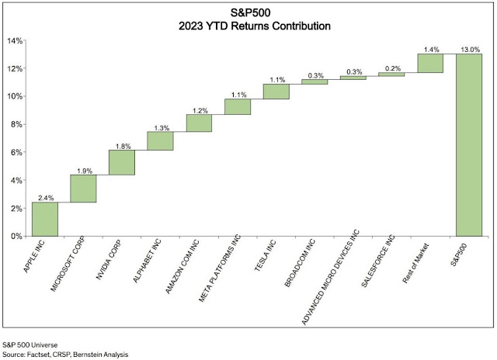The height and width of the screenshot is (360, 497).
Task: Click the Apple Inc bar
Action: (45, 219)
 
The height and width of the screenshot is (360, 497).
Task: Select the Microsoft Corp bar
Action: (83, 189)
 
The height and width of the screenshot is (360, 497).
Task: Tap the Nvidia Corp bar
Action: (122, 162)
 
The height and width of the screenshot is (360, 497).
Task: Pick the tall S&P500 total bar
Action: (469, 145)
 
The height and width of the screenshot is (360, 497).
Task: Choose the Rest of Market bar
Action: (430, 63)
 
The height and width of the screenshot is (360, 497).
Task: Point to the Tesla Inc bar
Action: (276, 92)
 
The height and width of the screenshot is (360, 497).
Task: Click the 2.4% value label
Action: (45, 197)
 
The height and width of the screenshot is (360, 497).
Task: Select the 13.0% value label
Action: (469, 49)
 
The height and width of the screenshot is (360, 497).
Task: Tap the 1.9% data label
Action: (83, 170)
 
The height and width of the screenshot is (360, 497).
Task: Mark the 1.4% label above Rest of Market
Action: (430, 49)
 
